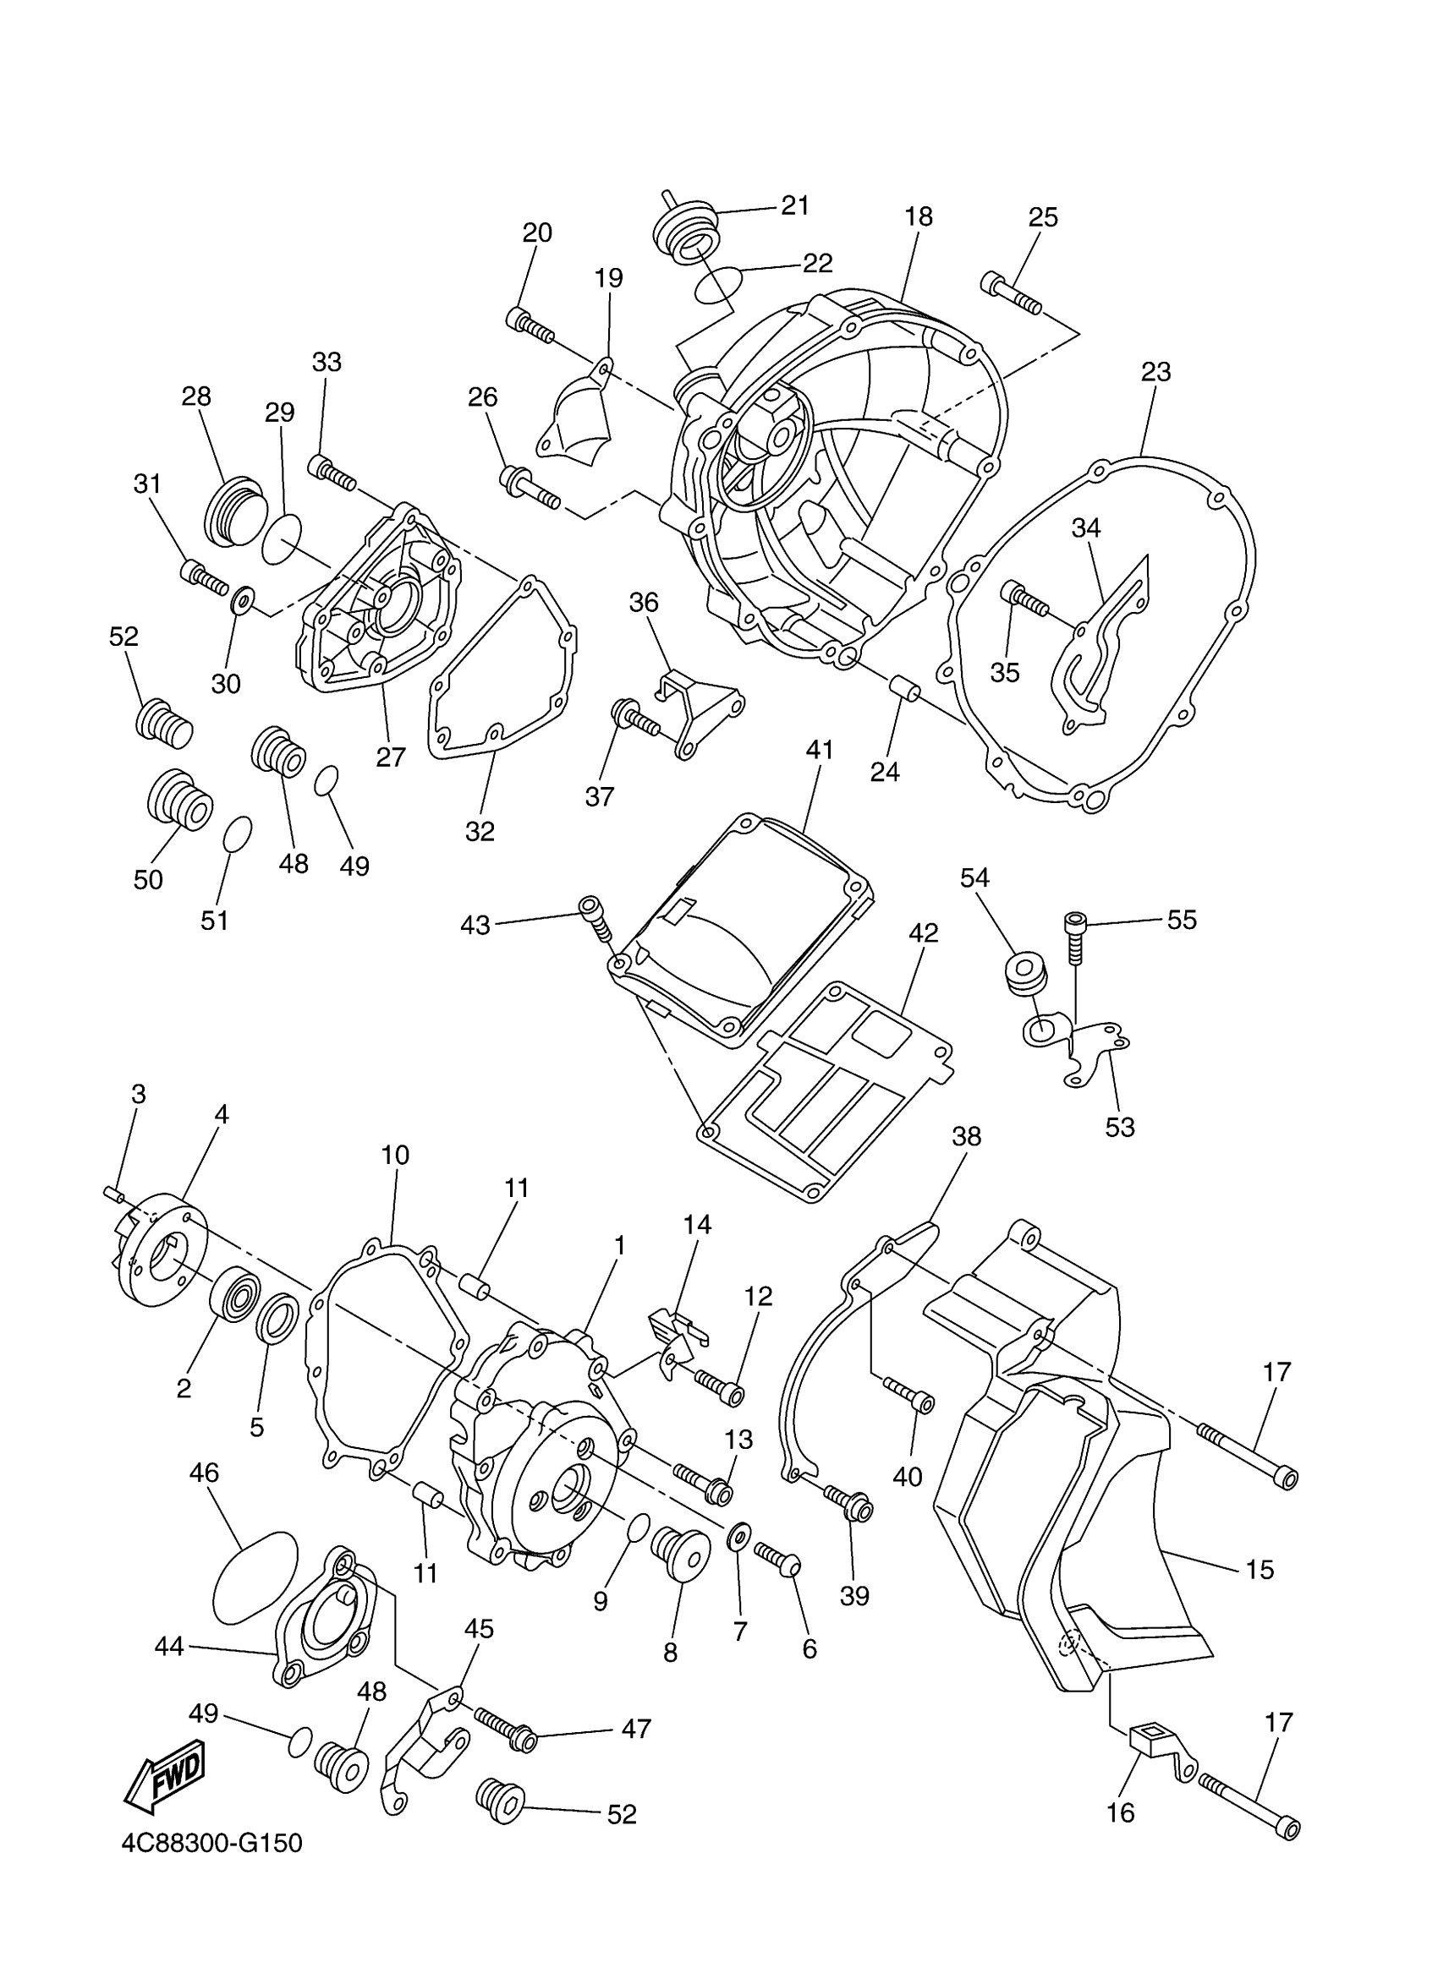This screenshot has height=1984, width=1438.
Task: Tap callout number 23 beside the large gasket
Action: (x=1156, y=372)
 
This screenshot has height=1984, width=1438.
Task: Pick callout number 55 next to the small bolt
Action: (x=1182, y=920)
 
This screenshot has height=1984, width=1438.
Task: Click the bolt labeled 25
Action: (x=1011, y=293)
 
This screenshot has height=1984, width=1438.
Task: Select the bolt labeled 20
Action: (x=530, y=325)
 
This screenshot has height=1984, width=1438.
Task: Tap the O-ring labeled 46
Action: (x=255, y=1575)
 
